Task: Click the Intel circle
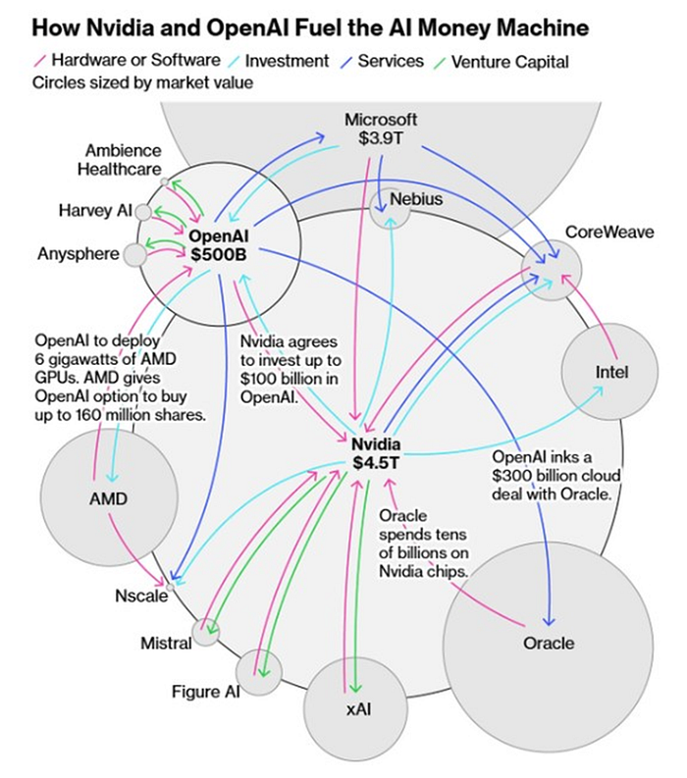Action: (x=611, y=373)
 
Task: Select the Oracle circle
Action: (x=548, y=642)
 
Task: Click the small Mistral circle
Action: (x=206, y=632)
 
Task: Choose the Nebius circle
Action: (x=391, y=207)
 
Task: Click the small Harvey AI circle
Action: (x=143, y=211)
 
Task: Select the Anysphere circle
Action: (x=134, y=254)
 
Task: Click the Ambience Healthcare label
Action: (x=123, y=160)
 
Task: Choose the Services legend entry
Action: (x=391, y=61)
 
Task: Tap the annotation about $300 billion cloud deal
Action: (x=553, y=476)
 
